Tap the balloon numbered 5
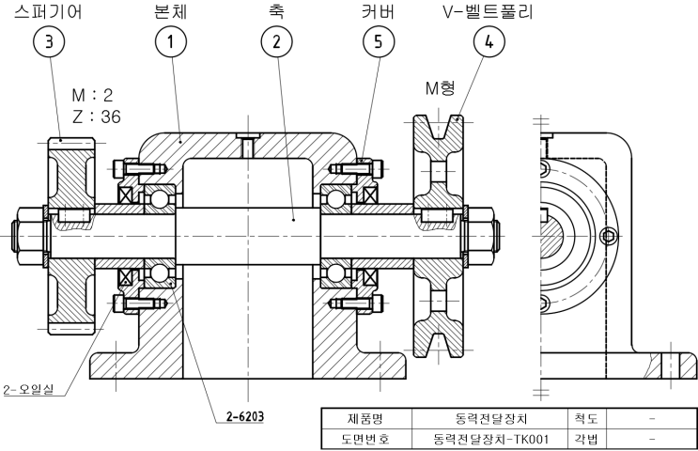pyautogui.click(x=378, y=43)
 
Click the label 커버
pyautogui.click(x=378, y=12)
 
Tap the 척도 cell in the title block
pyautogui.click(x=582, y=418)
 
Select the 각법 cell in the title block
pyautogui.click(x=582, y=438)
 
